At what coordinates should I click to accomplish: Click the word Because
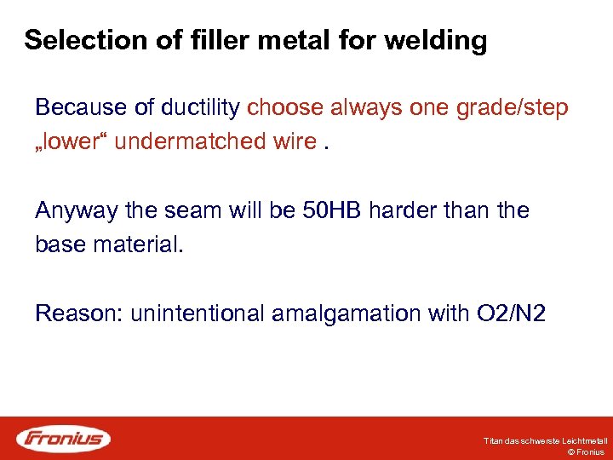[x=82, y=108]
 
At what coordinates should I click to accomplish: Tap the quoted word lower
[x=72, y=141]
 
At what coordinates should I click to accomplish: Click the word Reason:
[x=79, y=313]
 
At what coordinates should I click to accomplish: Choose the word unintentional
[x=198, y=313]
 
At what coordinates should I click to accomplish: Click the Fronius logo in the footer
[x=64, y=439]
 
